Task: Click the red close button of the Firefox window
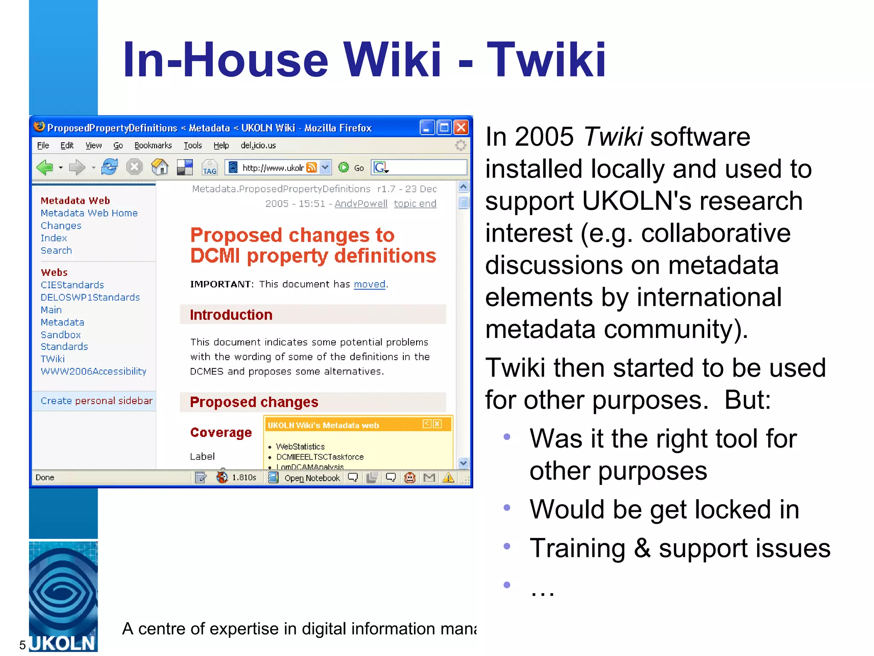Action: pyautogui.click(x=461, y=127)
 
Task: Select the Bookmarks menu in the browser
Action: pyautogui.click(x=153, y=146)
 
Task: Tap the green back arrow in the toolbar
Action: pyautogui.click(x=45, y=167)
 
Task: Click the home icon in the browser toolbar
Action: pyautogui.click(x=160, y=167)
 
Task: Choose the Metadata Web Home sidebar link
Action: pyautogui.click(x=89, y=213)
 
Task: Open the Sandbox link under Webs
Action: pyautogui.click(x=61, y=335)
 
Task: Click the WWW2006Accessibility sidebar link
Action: pyautogui.click(x=93, y=372)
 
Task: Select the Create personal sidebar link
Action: pyautogui.click(x=96, y=401)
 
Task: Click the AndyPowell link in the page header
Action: pyautogui.click(x=361, y=204)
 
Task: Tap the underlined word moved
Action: pyautogui.click(x=370, y=284)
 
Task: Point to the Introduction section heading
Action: pyautogui.click(x=231, y=315)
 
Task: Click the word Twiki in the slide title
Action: pyautogui.click(x=546, y=60)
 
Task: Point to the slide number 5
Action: pyautogui.click(x=23, y=645)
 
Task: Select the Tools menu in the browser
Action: pyautogui.click(x=192, y=146)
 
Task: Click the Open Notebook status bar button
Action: pyautogui.click(x=312, y=478)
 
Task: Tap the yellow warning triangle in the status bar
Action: pyautogui.click(x=448, y=477)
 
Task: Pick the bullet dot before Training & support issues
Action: pyautogui.click(x=507, y=546)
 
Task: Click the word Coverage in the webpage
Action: pyautogui.click(x=221, y=433)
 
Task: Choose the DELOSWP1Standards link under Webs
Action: pyautogui.click(x=90, y=298)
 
